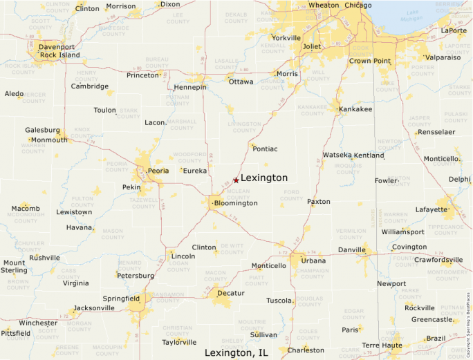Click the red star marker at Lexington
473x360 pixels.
click(x=236, y=180)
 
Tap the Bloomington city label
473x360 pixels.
click(x=236, y=203)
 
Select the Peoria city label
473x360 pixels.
click(x=159, y=171)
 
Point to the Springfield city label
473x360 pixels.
click(x=121, y=299)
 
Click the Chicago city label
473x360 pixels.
click(x=358, y=6)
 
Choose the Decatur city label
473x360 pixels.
click(x=231, y=293)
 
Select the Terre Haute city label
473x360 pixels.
click(x=381, y=345)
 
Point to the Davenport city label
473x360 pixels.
click(x=57, y=47)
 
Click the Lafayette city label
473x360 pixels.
click(x=432, y=209)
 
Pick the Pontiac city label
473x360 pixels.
click(x=266, y=149)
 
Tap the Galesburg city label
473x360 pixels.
click(x=43, y=130)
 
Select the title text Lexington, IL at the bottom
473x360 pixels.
click(x=236, y=352)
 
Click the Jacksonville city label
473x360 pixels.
click(x=94, y=308)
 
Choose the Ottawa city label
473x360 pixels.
click(x=241, y=82)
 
